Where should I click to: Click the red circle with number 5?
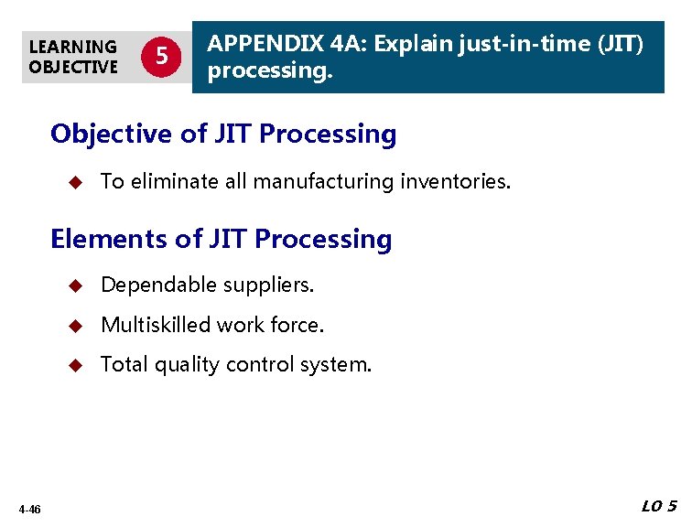click(161, 57)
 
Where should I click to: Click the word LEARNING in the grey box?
click(72, 47)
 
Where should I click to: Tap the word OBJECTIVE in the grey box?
click(72, 67)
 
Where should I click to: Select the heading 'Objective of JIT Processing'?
click(223, 134)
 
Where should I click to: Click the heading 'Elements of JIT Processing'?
click(221, 240)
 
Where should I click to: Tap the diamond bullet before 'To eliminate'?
click(77, 182)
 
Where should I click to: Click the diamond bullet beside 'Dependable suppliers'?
click(77, 285)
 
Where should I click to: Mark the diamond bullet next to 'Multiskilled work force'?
click(77, 325)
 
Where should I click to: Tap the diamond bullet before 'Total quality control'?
click(77, 365)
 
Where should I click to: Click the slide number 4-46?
click(28, 510)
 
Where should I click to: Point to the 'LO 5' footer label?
click(659, 507)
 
